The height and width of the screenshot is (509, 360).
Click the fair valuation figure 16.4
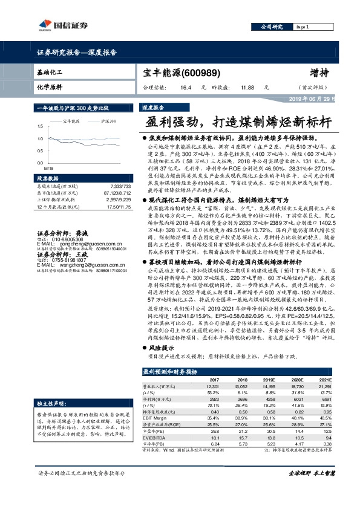click(x=182, y=87)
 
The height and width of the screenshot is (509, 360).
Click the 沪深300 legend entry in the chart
click(x=108, y=122)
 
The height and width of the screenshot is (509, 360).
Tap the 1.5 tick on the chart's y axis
click(x=41, y=126)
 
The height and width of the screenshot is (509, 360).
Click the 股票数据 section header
click(x=49, y=179)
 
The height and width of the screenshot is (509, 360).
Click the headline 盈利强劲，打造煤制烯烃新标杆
click(x=238, y=120)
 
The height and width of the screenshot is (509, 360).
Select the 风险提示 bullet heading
click(x=162, y=348)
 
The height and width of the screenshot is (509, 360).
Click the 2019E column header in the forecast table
click(x=267, y=380)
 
